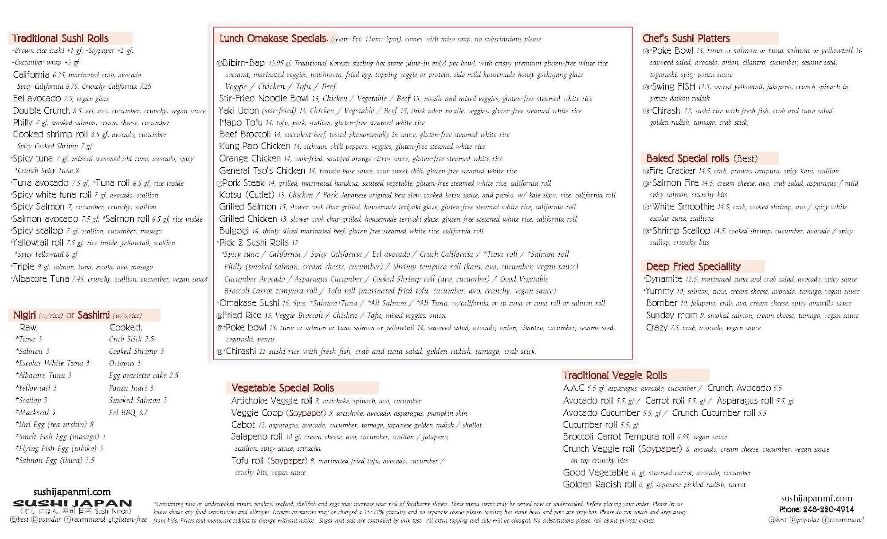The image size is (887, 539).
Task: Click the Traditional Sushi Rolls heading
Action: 60,38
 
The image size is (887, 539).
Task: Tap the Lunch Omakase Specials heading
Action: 273,39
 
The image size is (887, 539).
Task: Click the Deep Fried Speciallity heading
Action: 693,266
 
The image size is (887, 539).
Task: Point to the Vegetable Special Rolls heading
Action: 283,388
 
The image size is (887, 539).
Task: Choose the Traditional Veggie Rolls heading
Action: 615,375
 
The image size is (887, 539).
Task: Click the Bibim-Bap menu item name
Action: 243,63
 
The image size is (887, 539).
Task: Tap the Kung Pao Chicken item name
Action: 255,146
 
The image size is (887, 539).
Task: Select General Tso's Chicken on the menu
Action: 262,170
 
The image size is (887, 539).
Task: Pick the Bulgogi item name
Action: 234,231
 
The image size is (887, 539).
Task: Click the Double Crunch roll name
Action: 41,111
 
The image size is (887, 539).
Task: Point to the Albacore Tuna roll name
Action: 41,279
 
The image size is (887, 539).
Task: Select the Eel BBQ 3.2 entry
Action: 128,412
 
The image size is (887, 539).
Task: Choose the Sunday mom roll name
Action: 671,315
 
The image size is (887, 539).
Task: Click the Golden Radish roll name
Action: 599,484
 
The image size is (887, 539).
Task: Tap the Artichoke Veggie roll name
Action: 271,400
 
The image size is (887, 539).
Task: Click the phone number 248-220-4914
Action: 828,509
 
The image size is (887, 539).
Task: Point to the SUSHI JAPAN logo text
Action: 72,503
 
